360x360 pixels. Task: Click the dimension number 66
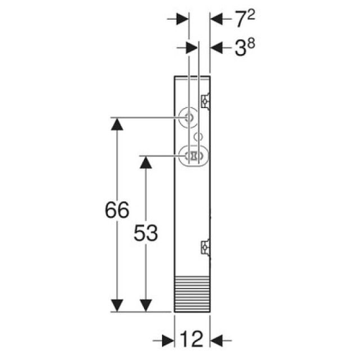[117, 210]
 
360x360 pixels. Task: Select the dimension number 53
[146, 232]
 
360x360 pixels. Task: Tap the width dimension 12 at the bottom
[191, 340]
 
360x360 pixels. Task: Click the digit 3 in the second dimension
[240, 49]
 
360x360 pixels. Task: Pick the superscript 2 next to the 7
[251, 15]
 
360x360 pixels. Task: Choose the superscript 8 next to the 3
[251, 44]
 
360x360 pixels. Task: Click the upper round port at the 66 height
[188, 118]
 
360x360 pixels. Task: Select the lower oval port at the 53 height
[193, 155]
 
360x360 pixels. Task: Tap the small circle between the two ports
[197, 136]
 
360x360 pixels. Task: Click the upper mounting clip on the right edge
[206, 101]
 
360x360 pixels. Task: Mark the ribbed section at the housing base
[192, 294]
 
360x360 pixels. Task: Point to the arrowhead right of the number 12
[217, 340]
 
